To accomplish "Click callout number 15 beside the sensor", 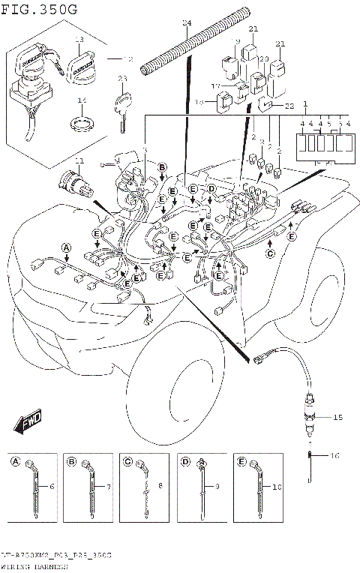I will [x=337, y=417].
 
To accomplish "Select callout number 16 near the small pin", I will [x=335, y=455].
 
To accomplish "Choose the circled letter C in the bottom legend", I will [x=128, y=461].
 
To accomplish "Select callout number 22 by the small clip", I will [x=289, y=106].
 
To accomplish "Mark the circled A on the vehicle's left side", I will [x=65, y=247].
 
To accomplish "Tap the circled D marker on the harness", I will [x=211, y=188].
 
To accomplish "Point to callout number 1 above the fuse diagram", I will [x=306, y=103].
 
